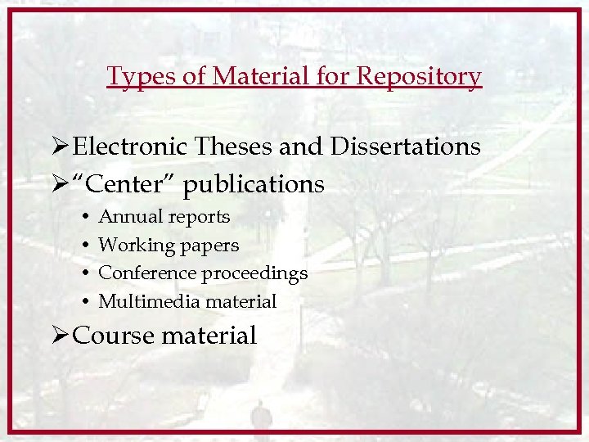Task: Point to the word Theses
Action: click(x=234, y=147)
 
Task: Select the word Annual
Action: click(x=130, y=217)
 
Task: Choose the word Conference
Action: click(x=147, y=273)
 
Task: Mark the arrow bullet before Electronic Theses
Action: click(x=58, y=147)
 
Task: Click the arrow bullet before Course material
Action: click(x=58, y=335)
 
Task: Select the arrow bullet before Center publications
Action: click(x=58, y=184)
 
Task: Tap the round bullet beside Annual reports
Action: click(x=86, y=218)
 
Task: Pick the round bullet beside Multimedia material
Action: click(x=86, y=302)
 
